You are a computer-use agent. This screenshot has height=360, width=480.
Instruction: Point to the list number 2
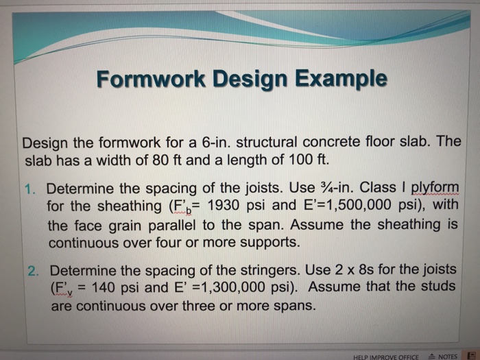pyautogui.click(x=35, y=270)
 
